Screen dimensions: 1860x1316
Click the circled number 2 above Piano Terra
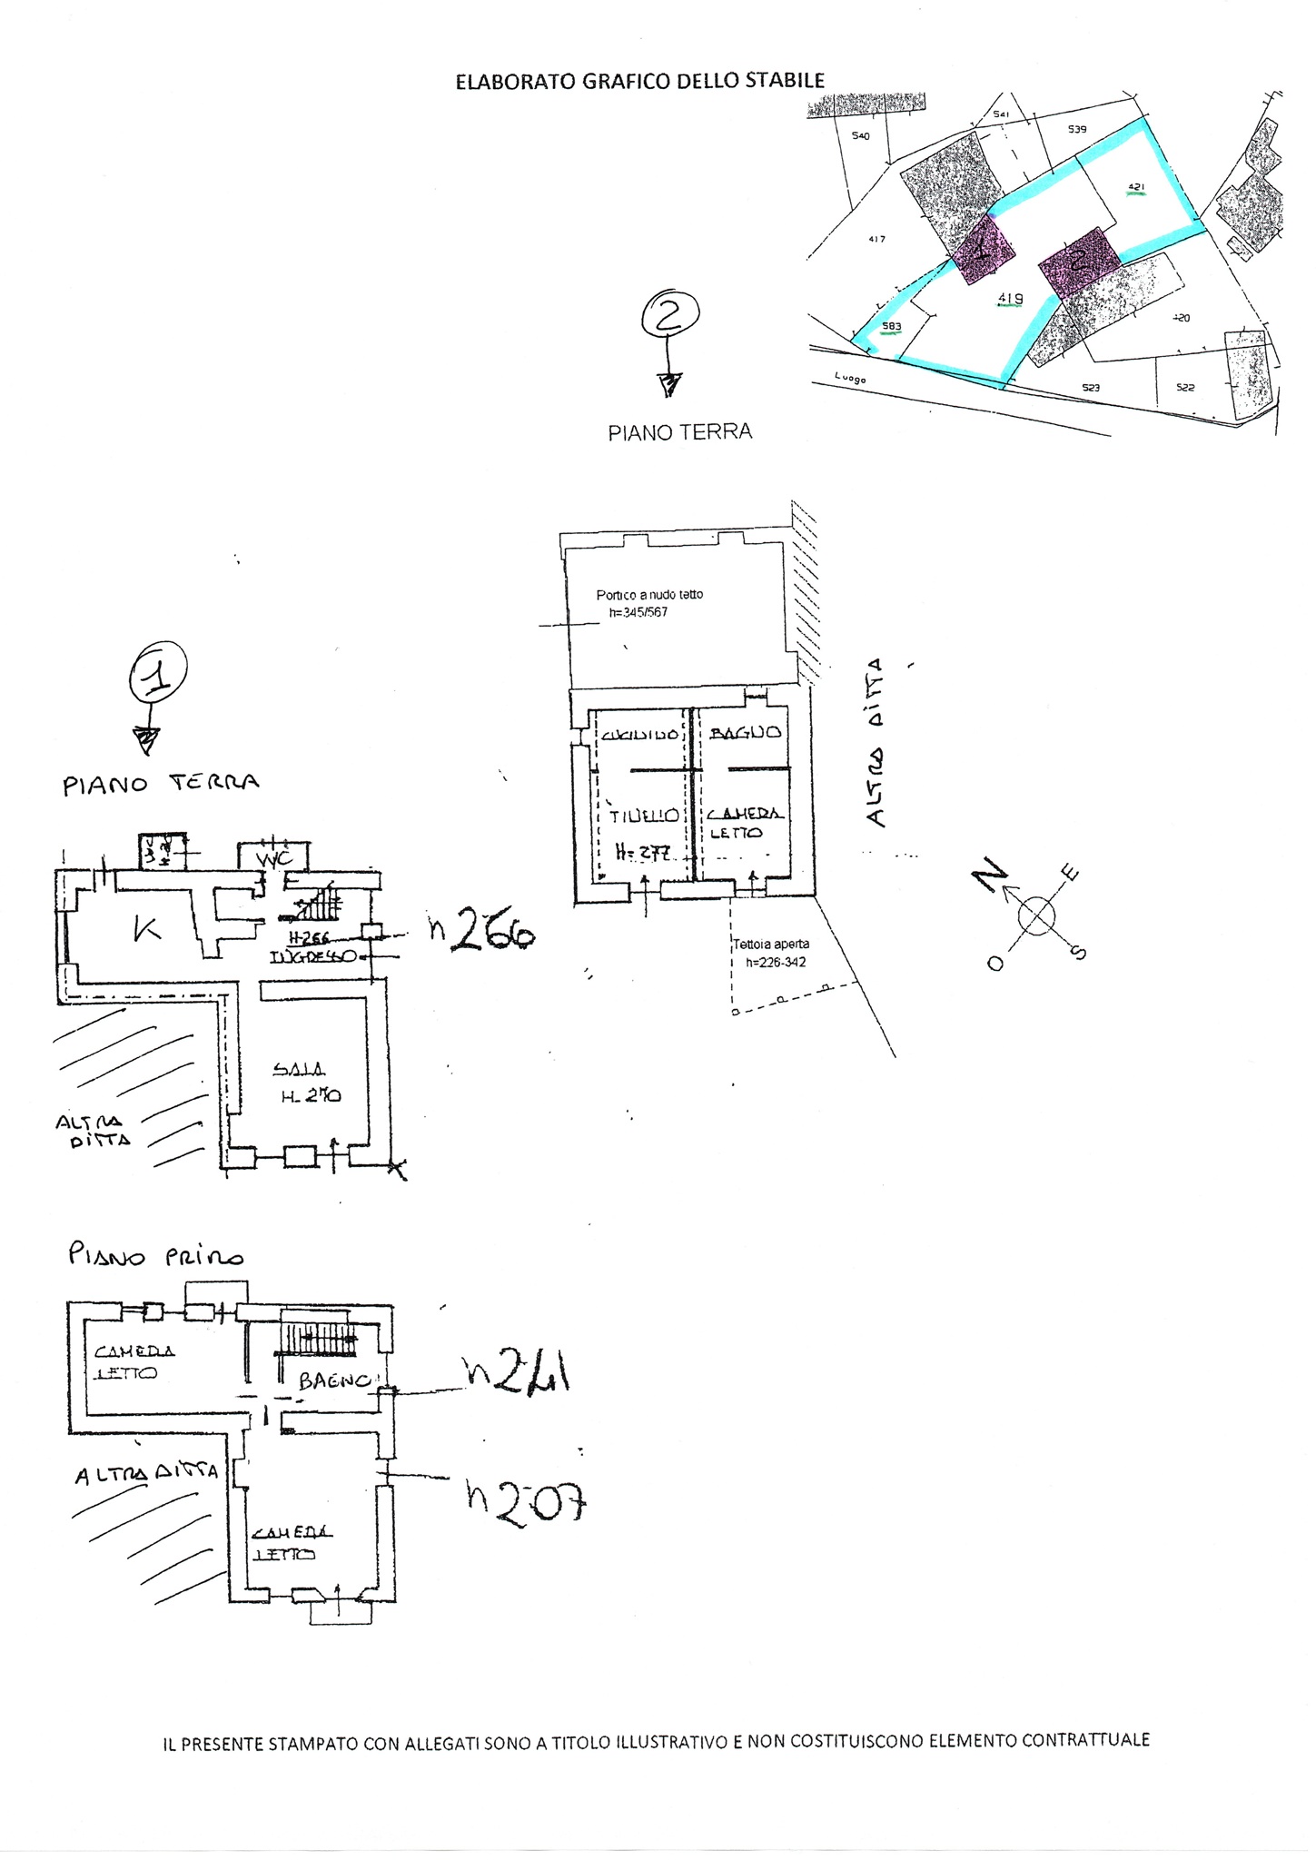670,315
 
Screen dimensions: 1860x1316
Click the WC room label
272,857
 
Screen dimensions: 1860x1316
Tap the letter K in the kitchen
145,929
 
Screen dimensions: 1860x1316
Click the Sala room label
299,1070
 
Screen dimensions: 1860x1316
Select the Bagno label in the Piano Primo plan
334,1381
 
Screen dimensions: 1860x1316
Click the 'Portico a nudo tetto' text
649,595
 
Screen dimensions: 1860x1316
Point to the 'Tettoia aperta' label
771,945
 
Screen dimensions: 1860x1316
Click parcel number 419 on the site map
1010,298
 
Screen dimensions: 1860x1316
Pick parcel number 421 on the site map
1135,188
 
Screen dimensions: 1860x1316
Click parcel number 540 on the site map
860,136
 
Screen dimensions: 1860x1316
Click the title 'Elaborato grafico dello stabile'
639,82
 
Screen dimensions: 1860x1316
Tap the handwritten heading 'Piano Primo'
156,1256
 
